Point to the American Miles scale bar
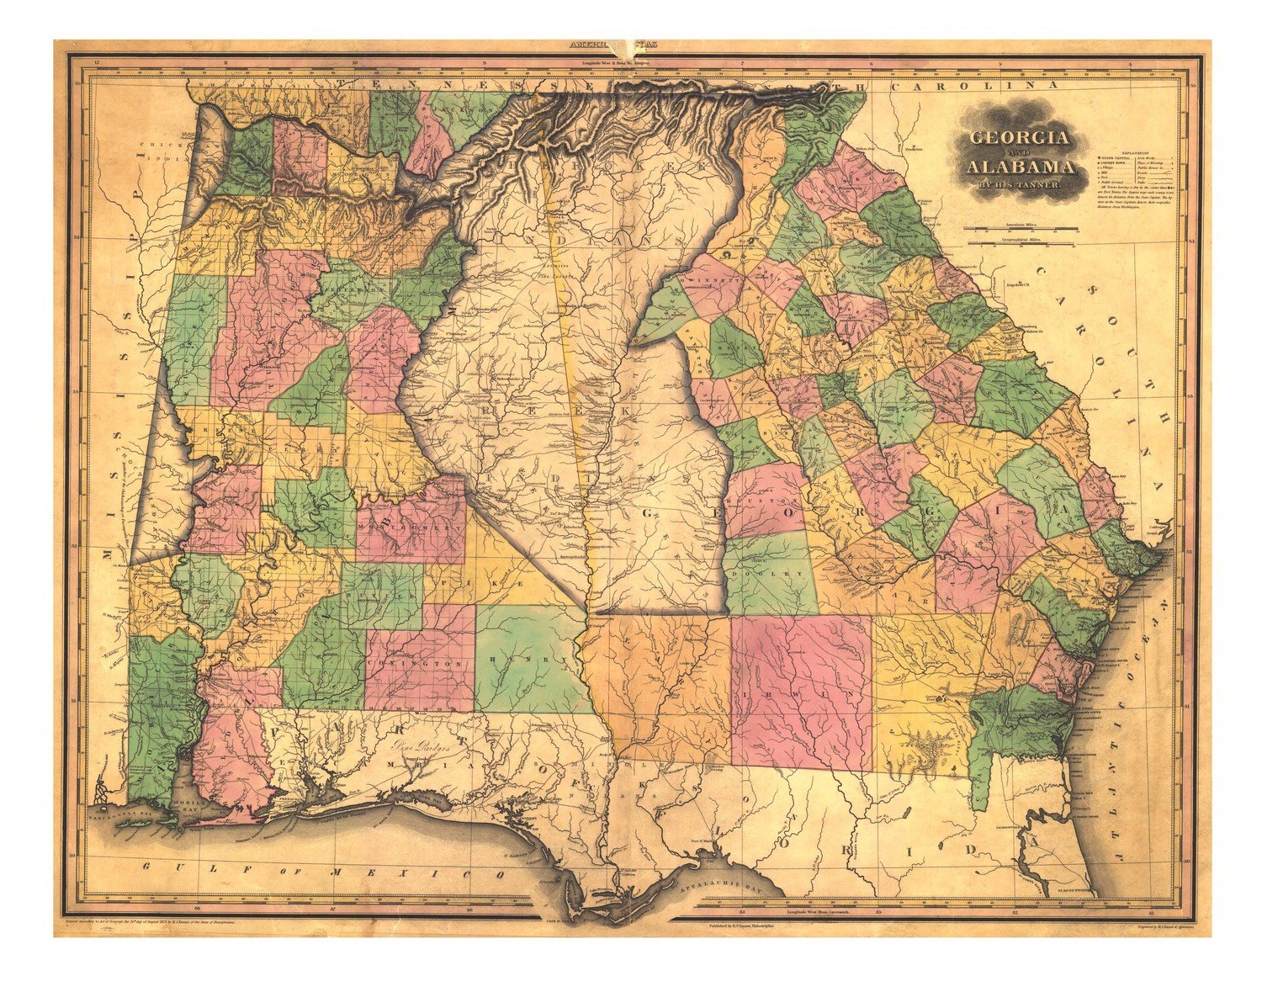[x=1020, y=228]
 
